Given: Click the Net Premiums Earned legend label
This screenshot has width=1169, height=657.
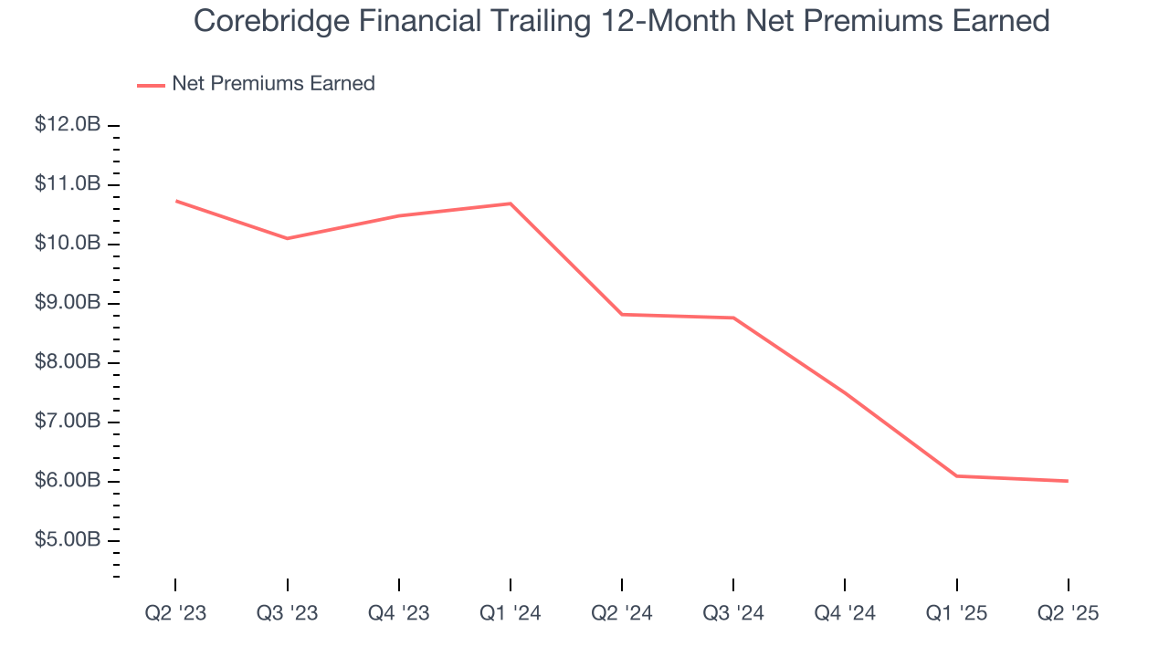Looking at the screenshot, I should click(273, 83).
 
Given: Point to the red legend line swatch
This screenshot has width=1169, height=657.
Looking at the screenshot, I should click(151, 85).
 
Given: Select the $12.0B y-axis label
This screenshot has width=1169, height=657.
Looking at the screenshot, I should click(68, 125).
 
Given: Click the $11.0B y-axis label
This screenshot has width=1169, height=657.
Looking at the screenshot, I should click(68, 184).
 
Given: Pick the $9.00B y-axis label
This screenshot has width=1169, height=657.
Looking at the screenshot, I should click(68, 303).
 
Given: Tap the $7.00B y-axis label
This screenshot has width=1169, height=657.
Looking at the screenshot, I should click(68, 422).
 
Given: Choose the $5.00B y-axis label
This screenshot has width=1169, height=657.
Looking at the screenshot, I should click(68, 540).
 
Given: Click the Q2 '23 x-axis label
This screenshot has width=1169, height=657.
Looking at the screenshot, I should click(175, 613).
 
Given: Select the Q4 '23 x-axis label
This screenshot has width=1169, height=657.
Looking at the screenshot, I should click(398, 613).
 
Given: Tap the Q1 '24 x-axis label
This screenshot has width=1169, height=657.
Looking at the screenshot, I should click(510, 613).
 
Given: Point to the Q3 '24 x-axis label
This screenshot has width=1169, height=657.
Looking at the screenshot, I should click(732, 613).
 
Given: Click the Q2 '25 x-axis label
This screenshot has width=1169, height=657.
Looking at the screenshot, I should click(1068, 613).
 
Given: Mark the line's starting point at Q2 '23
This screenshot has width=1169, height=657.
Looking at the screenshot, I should click(175, 201).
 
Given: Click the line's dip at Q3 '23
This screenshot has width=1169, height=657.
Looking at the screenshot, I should click(287, 238).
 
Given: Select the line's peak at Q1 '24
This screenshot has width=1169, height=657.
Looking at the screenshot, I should click(510, 203).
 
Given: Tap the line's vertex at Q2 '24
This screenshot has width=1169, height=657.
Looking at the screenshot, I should click(621, 314).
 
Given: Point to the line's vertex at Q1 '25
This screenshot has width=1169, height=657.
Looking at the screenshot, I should click(956, 475).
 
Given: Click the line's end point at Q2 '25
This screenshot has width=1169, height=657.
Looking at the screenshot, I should click(1068, 481).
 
